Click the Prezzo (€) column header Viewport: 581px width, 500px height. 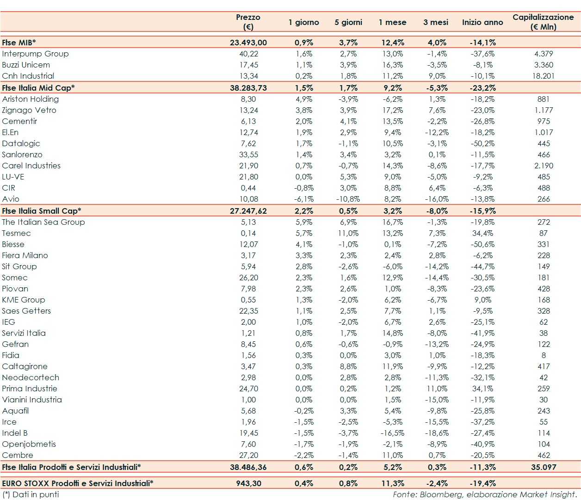pos(248,22)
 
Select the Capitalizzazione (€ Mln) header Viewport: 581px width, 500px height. pos(543,22)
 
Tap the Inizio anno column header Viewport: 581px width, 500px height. pos(482,22)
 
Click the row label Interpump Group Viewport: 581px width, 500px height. pos(35,54)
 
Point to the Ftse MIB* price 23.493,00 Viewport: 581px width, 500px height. pos(248,43)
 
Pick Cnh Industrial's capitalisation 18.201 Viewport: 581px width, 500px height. pos(543,76)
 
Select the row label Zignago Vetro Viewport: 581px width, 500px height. pos(29,110)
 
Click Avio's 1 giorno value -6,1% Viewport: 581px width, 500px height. pos(304,199)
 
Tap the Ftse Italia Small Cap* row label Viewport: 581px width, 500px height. pos(42,211)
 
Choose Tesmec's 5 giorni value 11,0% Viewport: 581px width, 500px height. pos(348,233)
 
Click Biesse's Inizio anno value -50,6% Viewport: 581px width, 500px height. pos(483,244)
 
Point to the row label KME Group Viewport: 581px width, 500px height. pos(24,300)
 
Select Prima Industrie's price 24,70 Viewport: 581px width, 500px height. pos(248,389)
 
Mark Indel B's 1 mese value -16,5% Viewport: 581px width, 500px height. pos(392,433)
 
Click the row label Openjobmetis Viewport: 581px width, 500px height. pos(29,444)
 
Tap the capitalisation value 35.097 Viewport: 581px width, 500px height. pos(544,467)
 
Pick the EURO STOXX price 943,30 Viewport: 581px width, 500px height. pos(248,483)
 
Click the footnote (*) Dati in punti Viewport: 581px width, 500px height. pos(31,494)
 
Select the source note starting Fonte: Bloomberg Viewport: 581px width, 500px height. pos(484,494)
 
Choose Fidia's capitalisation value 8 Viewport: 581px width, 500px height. pos(544,355)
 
